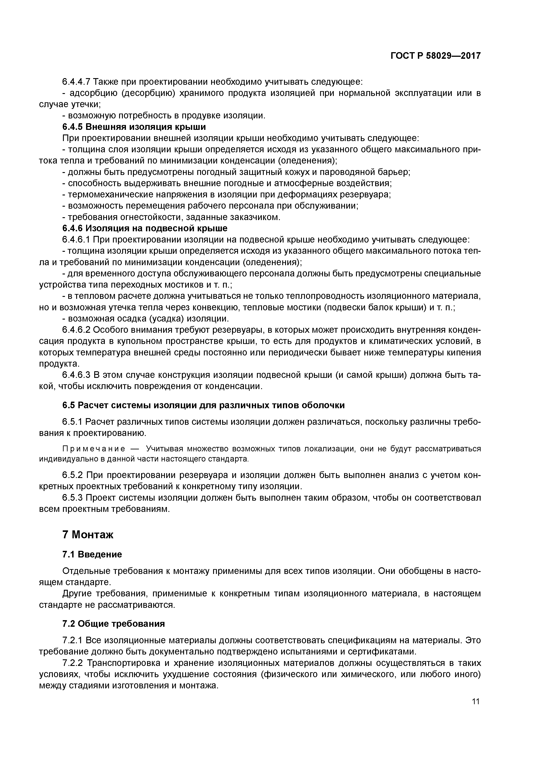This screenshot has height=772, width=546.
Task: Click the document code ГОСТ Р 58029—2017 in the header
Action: click(x=436, y=55)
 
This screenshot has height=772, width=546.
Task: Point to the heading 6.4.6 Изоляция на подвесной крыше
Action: click(x=145, y=228)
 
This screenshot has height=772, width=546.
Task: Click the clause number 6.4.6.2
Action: click(x=76, y=330)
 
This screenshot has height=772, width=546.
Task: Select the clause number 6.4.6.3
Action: click(x=76, y=375)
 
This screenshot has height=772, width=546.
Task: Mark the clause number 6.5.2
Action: click(x=72, y=475)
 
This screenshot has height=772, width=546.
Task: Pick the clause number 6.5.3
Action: click(x=72, y=498)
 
